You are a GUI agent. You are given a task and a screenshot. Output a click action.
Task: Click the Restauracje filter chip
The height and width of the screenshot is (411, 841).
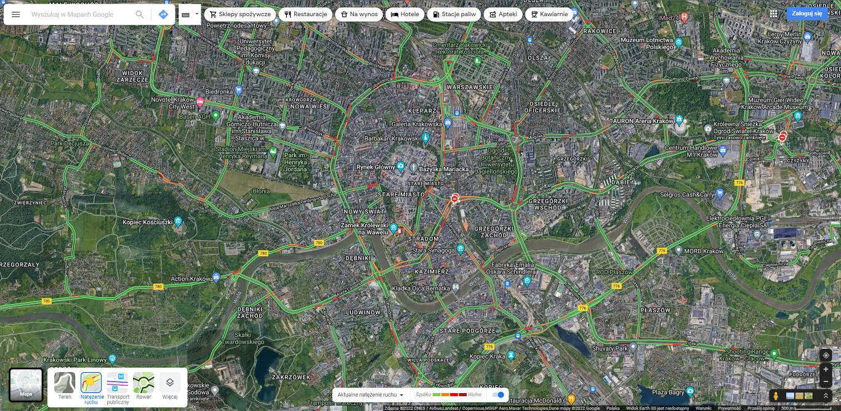[x=305, y=14]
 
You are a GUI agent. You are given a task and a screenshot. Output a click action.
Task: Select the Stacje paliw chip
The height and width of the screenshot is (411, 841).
[x=454, y=14]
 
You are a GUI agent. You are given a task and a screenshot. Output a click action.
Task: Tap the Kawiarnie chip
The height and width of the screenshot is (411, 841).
[x=549, y=14]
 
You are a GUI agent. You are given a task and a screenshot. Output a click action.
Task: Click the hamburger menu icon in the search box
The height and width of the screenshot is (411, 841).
[x=16, y=14]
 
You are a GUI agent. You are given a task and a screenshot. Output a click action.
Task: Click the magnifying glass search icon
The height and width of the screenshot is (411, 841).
[x=140, y=14]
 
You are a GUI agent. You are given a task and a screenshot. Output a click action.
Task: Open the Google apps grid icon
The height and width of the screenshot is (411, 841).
[x=773, y=14]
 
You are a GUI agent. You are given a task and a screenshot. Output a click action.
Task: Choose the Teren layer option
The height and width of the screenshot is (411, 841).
[x=65, y=386]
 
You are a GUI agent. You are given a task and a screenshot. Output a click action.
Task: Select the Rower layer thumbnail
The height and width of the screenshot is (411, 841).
[x=143, y=386]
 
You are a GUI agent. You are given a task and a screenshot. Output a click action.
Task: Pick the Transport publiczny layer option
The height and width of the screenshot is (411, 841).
[x=118, y=386]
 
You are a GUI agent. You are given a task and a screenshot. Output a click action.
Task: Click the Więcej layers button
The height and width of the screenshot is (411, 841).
[x=170, y=386]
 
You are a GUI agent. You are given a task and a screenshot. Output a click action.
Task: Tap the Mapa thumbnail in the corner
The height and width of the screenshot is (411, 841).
[x=26, y=385]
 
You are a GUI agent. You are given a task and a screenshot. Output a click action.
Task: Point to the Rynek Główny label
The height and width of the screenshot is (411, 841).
[x=376, y=167]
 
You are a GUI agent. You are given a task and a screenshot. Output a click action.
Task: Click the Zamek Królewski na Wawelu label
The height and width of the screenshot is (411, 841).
[x=364, y=229]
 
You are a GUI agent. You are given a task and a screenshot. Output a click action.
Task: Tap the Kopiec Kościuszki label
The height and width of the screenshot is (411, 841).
[x=148, y=222]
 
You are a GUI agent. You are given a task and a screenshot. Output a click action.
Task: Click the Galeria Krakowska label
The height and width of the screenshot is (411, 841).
[x=417, y=124]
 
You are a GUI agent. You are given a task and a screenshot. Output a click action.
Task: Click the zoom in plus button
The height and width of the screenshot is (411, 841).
[x=826, y=369]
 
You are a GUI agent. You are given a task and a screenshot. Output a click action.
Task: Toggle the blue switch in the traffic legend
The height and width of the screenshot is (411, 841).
[x=499, y=394]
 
